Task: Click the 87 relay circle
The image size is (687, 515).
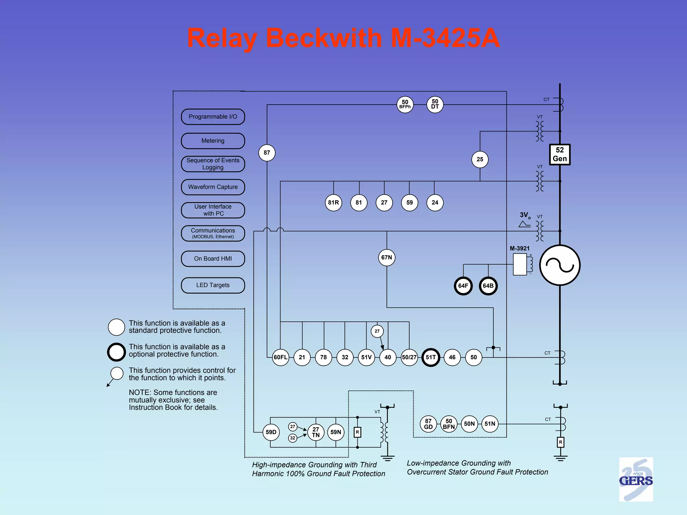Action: (267, 153)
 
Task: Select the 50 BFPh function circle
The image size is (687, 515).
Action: (405, 105)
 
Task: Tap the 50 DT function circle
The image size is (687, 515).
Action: (435, 105)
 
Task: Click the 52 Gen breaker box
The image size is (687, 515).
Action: (560, 155)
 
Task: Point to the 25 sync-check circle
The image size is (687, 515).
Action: (480, 159)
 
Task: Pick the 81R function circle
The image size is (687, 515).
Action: (333, 203)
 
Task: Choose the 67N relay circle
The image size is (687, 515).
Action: (386, 257)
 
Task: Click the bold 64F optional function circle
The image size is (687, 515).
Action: (463, 286)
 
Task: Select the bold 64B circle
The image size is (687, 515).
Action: (488, 286)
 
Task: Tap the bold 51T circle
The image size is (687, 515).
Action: (431, 357)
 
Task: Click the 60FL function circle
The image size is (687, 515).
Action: (280, 357)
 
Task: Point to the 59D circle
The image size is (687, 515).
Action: (271, 432)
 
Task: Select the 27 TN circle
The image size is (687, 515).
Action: (316, 432)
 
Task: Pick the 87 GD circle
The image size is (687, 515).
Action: (428, 424)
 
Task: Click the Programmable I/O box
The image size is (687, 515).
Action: (213, 117)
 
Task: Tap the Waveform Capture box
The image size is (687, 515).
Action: (213, 187)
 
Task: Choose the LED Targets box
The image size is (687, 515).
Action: (213, 285)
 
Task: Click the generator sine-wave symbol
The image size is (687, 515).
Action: (560, 265)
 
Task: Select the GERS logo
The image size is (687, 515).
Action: (636, 479)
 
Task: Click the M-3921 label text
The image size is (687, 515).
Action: (520, 248)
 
